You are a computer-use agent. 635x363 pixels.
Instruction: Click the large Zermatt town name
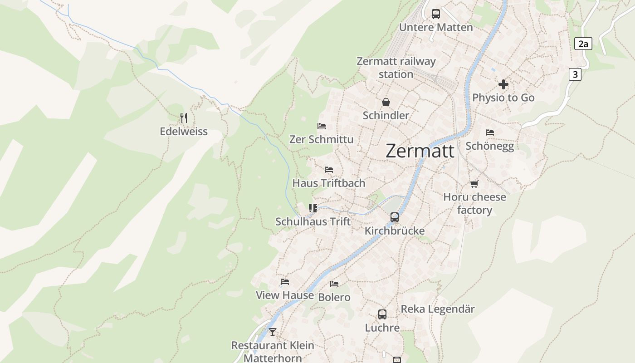pos(420,151)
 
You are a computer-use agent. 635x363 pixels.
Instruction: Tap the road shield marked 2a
pos(583,44)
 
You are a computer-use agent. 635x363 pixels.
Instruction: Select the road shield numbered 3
pos(575,74)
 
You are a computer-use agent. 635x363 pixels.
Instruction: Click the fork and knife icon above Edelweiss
pos(184,118)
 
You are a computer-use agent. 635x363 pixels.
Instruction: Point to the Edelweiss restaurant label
pos(184,132)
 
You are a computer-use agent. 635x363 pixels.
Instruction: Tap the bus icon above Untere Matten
pos(436,14)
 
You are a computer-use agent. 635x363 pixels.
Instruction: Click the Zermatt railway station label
pos(396,68)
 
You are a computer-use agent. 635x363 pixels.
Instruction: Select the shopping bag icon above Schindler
pos(386,102)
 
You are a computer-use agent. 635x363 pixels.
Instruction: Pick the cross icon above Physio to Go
pos(503,84)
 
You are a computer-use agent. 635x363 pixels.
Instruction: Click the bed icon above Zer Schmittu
pos(322,126)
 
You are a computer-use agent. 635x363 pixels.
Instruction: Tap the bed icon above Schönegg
pos(490,132)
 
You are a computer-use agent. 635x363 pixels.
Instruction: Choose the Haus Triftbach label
pos(329,183)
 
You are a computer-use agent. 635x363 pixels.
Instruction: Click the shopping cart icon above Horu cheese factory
pos(474,184)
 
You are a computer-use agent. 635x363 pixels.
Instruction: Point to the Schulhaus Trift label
pos(313,221)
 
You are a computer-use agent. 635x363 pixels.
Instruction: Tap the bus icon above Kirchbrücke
pos(395,217)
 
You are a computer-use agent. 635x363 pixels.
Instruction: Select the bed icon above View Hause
pos(285,282)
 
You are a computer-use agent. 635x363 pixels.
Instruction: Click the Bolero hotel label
pos(334,297)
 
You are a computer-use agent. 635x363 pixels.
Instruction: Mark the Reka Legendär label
pos(438,309)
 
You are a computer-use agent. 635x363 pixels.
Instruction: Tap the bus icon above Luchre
pos(382,314)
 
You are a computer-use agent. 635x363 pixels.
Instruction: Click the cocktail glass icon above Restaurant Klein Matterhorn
pos(272,332)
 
